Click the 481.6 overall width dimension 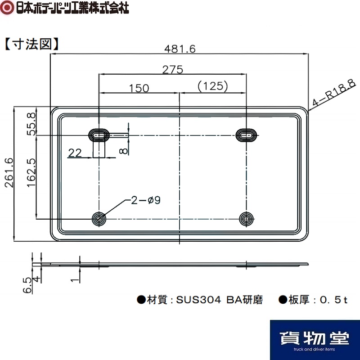point(180,49)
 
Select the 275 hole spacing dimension point(173,70)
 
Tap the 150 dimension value point(139,88)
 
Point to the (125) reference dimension point(213,86)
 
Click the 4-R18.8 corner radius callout point(334,93)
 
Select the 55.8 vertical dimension point(31,124)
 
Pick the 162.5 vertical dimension point(31,173)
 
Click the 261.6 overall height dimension point(9,173)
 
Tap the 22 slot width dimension point(75,153)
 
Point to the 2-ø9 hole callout point(145,200)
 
